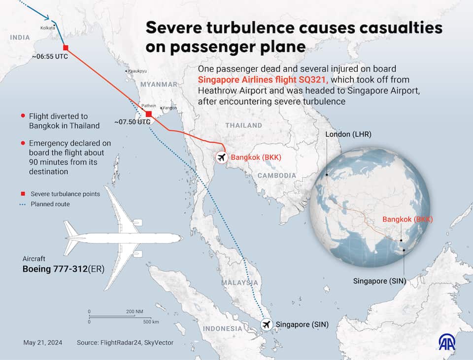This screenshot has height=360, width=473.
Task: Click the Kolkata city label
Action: pos(48,28)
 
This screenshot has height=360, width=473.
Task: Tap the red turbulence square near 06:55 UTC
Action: pos(66,48)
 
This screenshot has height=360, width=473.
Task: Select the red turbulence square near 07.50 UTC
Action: pos(149,114)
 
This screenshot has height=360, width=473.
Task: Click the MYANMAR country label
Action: pos(159,84)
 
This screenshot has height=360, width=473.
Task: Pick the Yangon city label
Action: pos(169,108)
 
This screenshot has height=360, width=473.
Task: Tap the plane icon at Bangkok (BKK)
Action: pos(222,157)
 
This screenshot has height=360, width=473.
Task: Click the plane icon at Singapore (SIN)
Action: pos(267,324)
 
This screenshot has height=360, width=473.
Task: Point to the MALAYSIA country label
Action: pos(239,283)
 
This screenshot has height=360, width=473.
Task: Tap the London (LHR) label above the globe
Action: pos(348,134)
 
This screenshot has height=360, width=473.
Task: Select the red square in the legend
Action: pos(23,194)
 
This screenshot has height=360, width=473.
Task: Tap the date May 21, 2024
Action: pos(43,342)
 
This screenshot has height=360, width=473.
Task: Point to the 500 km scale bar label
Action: pos(151,322)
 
